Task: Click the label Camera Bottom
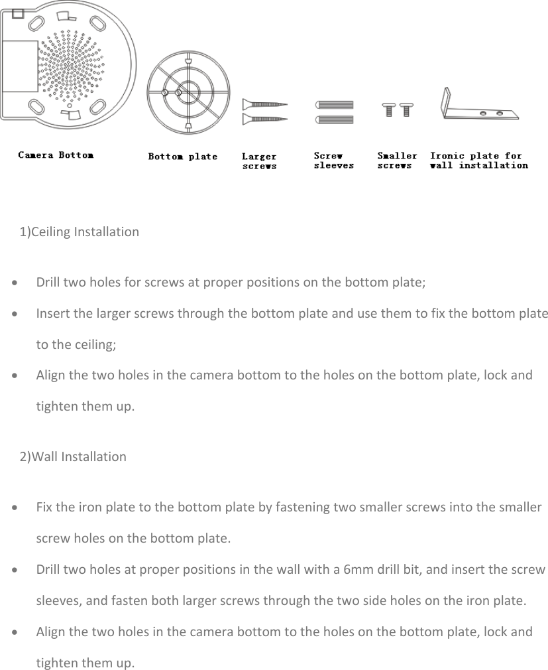coord(56,155)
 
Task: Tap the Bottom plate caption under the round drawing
coord(182,157)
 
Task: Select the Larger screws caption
coord(259,161)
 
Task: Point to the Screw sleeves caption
coord(333,161)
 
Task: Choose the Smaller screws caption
coord(397,161)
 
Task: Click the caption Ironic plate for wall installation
coord(478,161)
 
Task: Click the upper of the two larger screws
coord(264,104)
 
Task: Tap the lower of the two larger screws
coord(264,119)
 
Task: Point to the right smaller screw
coord(406,108)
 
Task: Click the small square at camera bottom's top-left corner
coord(19,13)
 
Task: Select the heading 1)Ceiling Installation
coord(80,232)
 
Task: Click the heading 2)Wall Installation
coord(73,456)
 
